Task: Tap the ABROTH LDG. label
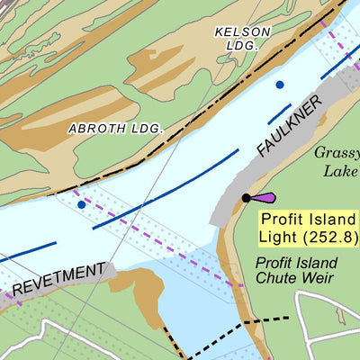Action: (116, 129)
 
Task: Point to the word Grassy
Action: (337, 153)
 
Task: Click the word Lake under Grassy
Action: (341, 171)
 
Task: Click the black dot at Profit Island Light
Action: (246, 198)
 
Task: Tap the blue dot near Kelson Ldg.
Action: (280, 85)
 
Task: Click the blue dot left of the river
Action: (82, 204)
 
